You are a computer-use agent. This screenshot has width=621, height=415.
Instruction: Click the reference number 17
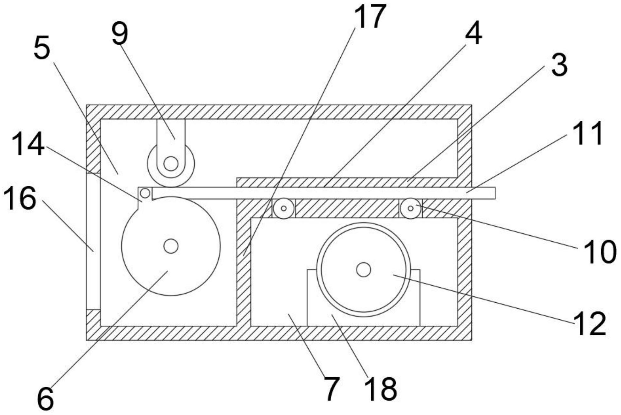tap(370, 16)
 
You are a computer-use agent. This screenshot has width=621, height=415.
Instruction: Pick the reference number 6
tap(45, 399)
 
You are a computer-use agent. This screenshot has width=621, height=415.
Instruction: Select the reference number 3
tap(559, 65)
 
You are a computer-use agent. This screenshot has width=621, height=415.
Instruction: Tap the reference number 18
tap(381, 389)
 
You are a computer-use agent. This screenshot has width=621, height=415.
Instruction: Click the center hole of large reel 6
tap(171, 246)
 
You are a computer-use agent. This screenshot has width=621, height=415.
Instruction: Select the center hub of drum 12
tap(364, 270)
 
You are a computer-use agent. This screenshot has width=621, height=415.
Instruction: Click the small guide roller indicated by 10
tap(410, 208)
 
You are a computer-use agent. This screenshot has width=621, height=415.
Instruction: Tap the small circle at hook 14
tap(145, 193)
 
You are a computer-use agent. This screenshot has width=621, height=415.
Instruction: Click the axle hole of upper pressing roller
tap(171, 164)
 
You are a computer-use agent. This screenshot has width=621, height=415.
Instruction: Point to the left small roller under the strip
tap(283, 208)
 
